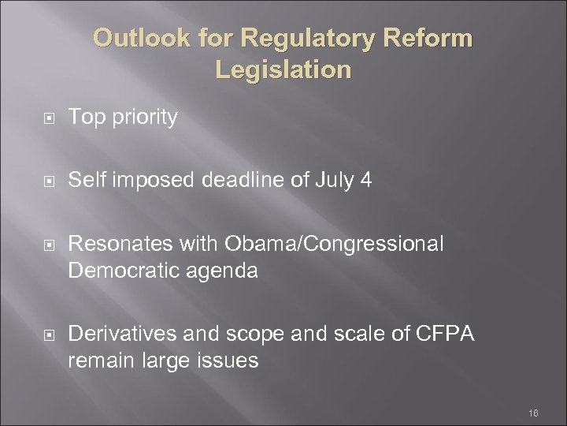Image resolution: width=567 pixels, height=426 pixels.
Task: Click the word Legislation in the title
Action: (x=283, y=69)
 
